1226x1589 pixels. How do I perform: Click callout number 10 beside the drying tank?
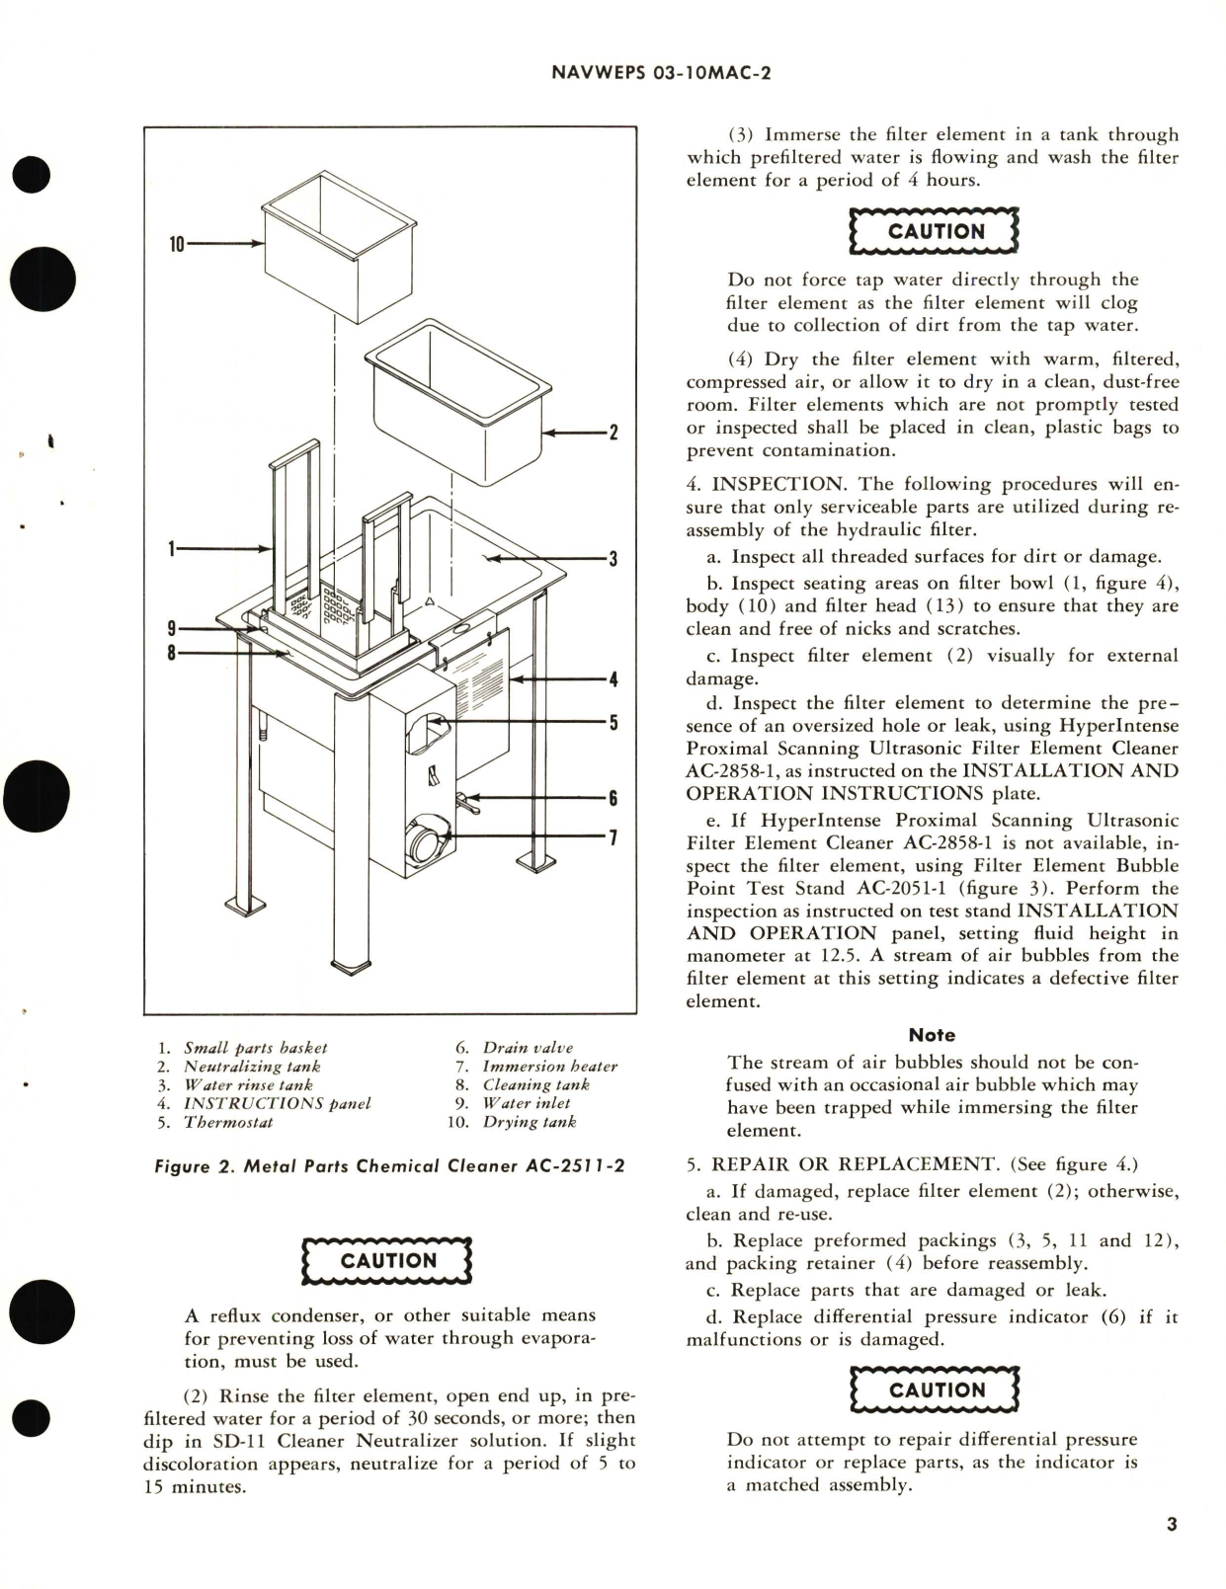[x=177, y=244]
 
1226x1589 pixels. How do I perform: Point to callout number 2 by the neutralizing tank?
[x=613, y=433]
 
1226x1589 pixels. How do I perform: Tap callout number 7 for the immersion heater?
[x=613, y=837]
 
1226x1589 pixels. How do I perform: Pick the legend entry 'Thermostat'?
[x=228, y=1122]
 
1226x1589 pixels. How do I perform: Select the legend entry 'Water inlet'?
[x=526, y=1103]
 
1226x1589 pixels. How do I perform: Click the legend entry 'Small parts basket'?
[x=255, y=1048]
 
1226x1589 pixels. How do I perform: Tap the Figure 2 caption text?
[x=389, y=1166]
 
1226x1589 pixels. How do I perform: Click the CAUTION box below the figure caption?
[x=387, y=1261]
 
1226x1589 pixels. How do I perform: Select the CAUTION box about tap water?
[x=935, y=232]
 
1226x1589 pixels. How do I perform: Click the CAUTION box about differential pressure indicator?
[x=935, y=1390]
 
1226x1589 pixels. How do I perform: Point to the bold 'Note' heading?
[x=932, y=1035]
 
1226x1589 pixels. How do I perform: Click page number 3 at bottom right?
[x=1172, y=1525]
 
